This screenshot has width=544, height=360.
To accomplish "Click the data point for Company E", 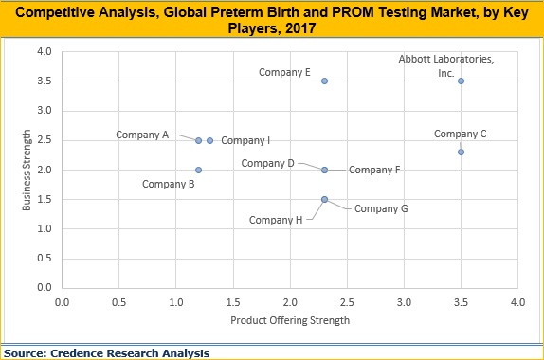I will (324, 81).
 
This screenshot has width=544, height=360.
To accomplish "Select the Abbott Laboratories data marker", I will (461, 81).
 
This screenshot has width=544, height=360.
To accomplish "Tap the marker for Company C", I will (461, 152).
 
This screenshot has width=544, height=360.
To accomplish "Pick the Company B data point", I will (198, 170).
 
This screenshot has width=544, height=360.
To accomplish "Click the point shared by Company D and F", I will (324, 170).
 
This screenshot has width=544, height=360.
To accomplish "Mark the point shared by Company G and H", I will (324, 199).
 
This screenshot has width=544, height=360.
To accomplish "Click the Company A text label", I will (142, 135).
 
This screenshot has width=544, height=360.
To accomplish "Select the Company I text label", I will (245, 140).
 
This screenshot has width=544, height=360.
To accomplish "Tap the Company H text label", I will (276, 220).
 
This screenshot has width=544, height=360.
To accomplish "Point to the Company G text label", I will (380, 207).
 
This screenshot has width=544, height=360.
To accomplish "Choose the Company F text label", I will (374, 170).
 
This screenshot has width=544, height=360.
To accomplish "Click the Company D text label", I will (267, 163).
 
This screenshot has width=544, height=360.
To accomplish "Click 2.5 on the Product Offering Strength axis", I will (347, 302).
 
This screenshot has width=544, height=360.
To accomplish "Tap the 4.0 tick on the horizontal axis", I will (517, 302).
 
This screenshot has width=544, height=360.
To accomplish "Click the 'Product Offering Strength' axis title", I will (290, 320).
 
